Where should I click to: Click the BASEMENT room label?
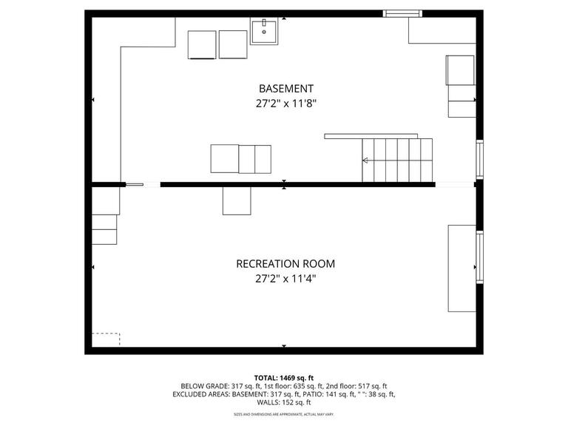pos(285,88)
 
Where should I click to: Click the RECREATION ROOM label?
pos(285,263)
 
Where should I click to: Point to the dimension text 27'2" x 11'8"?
pos(285,104)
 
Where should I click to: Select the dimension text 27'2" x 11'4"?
pos(285,280)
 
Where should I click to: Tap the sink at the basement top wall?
pos(263,32)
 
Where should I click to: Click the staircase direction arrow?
pos(365,160)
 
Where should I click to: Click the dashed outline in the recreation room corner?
pos(106,340)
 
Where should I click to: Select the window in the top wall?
pos(402,13)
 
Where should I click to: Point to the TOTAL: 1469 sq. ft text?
pos(284,377)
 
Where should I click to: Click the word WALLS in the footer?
pos(269,402)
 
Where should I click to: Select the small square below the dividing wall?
pos(237,200)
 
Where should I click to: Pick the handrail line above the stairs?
pos(371,136)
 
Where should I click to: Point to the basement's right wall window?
pos(480,159)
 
